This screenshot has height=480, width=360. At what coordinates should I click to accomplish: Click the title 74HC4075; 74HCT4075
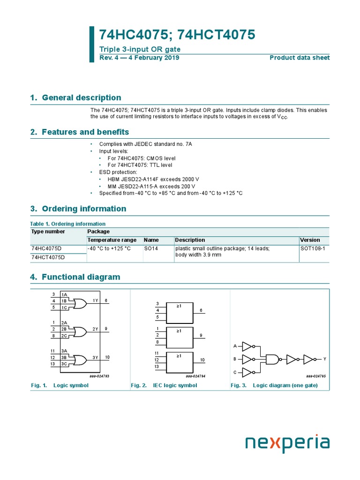pyautogui.click(x=177, y=35)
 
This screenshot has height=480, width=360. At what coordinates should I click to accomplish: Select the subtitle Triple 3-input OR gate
pyautogui.click(x=140, y=49)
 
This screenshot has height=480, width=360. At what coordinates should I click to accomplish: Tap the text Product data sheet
pyautogui.click(x=300, y=58)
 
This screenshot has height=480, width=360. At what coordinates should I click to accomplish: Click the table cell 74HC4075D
pyautogui.click(x=48, y=248)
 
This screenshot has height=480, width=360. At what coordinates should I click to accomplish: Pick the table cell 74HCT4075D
pyautogui.click(x=48, y=257)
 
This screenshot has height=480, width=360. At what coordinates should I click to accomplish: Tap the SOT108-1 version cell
pyautogui.click(x=312, y=248)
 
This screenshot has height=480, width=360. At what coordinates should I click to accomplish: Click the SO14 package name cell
pyautogui.click(x=150, y=248)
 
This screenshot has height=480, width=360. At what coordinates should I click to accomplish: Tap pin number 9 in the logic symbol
pyautogui.click(x=106, y=329)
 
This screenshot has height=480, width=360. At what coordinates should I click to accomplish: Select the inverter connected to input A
pyautogui.click(x=247, y=346)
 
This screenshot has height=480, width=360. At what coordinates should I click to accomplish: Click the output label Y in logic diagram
pyautogui.click(x=324, y=359)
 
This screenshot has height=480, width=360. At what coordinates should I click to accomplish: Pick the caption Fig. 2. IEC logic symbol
pyautogui.click(x=164, y=385)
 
